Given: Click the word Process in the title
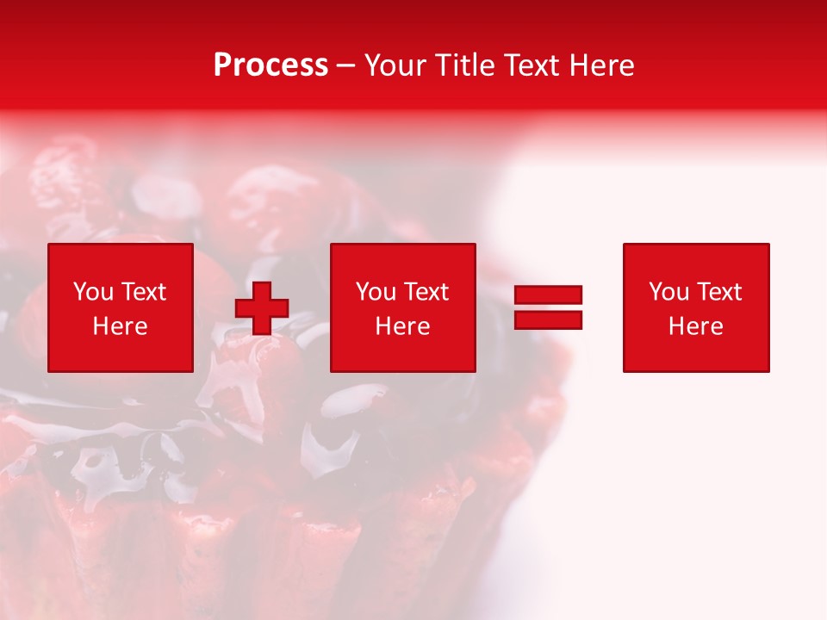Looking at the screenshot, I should pyautogui.click(x=270, y=65).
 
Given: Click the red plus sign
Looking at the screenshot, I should pyautogui.click(x=262, y=308).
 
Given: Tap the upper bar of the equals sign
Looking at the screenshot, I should pyautogui.click(x=549, y=294).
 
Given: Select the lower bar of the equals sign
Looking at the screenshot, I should pyautogui.click(x=549, y=319).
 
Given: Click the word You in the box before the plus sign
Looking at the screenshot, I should pyautogui.click(x=93, y=292).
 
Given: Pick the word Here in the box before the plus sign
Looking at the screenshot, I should pyautogui.click(x=120, y=326).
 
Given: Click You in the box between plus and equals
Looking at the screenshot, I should pyautogui.click(x=376, y=292).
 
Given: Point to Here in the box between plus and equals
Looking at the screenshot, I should pyautogui.click(x=402, y=326).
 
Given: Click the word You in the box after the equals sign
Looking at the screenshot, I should pyautogui.click(x=668, y=292).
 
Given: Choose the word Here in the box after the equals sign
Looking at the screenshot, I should pyautogui.click(x=695, y=326).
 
